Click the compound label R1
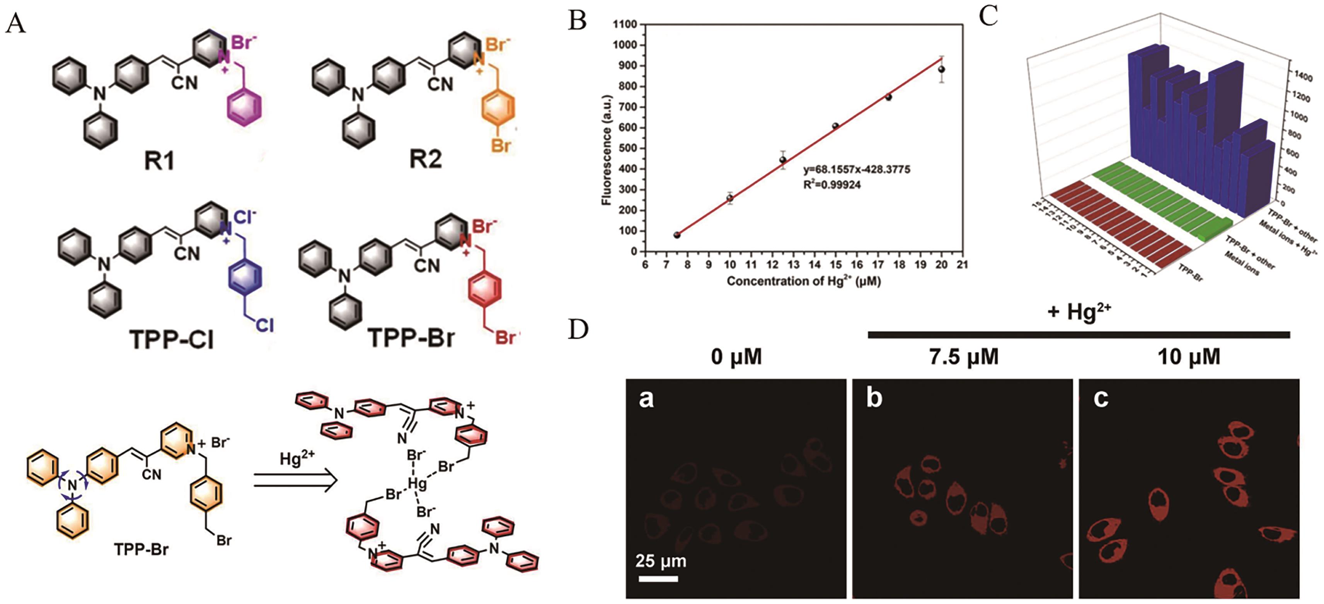[159, 161]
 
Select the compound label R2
[426, 159]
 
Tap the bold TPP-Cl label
[171, 339]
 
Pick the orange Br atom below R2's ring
[501, 145]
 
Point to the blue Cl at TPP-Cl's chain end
[265, 325]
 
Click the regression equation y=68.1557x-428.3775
[857, 170]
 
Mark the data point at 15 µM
[836, 126]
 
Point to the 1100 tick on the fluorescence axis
[625, 24]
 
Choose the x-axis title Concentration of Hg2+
[803, 281]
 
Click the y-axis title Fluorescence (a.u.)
[607, 150]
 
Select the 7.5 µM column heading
[964, 357]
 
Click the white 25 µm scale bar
[658, 579]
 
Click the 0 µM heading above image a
[736, 357]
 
